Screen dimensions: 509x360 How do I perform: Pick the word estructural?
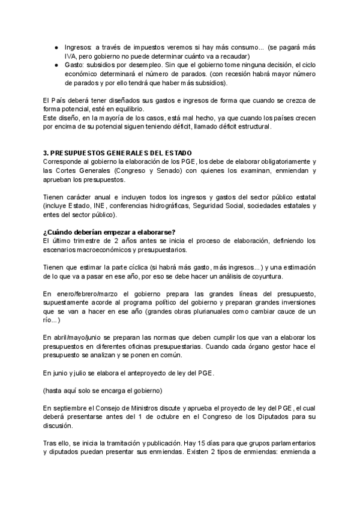[253, 127]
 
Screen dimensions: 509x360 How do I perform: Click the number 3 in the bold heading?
[46, 154]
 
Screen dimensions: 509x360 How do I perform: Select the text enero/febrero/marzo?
[86, 294]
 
